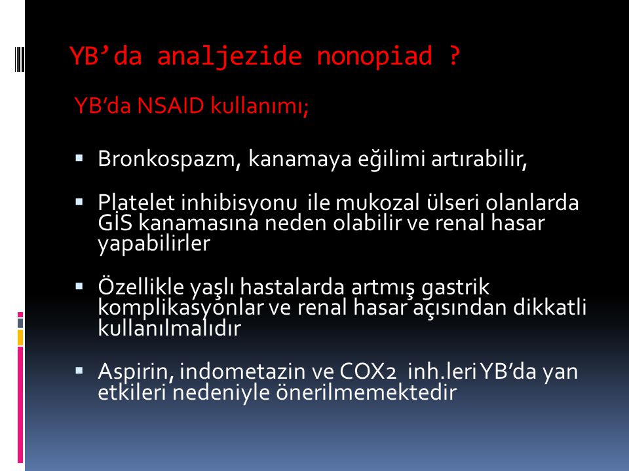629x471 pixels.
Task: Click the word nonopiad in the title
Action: pos(375,56)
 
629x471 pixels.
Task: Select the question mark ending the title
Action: pos(453,56)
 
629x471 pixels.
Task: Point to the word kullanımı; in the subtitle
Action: pos(259,106)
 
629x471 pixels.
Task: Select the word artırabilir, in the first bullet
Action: pos(479,158)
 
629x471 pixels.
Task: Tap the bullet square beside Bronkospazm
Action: pos(79,158)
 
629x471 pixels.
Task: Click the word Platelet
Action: pos(137,202)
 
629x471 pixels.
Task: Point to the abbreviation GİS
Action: pos(115,222)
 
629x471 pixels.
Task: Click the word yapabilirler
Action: pos(154,244)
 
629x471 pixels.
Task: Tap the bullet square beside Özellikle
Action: pos(79,286)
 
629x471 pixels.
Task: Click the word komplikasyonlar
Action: pos(180,307)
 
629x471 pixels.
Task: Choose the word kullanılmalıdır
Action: pos(169,328)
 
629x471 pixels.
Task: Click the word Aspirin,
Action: pos(136,372)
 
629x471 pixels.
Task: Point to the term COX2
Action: pos(368,372)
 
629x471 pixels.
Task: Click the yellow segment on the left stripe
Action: pos(20,338)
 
